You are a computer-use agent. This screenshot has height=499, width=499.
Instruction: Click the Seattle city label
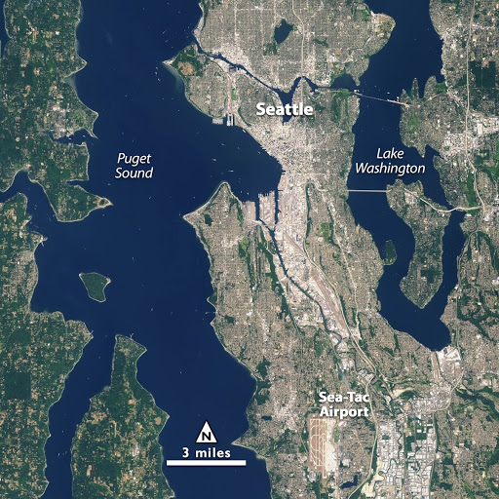(x=284, y=111)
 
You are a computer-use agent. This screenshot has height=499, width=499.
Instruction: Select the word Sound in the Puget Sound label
(x=133, y=173)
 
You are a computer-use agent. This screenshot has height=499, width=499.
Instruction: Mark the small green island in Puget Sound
(x=94, y=285)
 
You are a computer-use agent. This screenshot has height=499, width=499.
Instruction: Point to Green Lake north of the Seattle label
(x=282, y=32)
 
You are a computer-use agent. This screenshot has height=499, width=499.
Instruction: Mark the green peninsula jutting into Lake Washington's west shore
(x=390, y=250)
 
